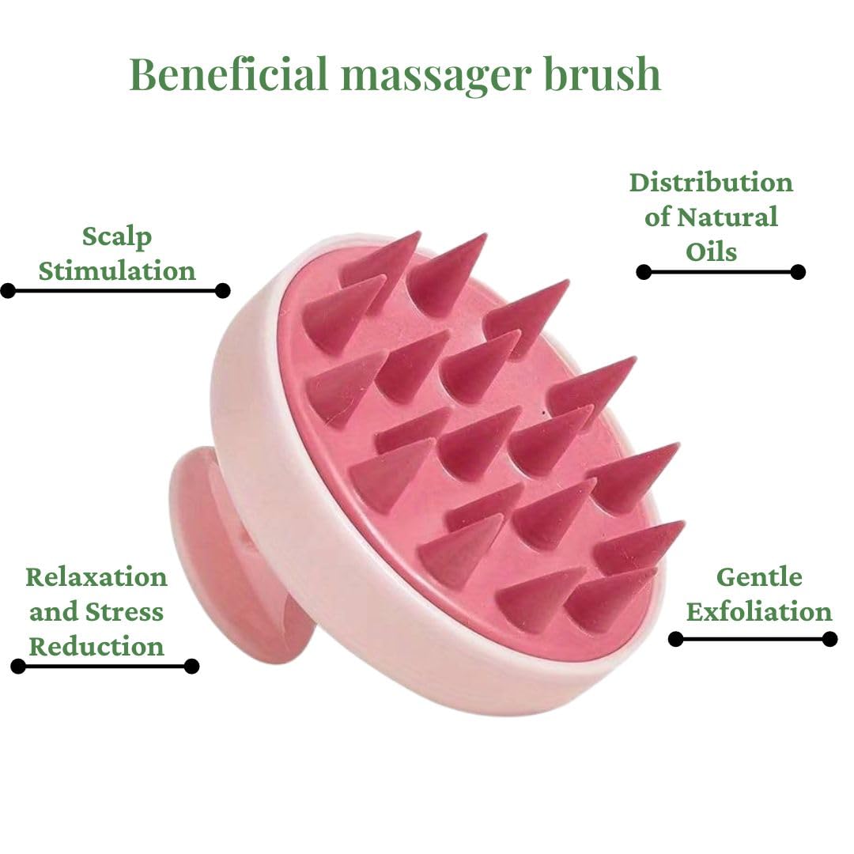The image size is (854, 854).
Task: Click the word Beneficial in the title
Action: pos(228,75)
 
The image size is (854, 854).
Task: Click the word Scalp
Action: pos(117,236)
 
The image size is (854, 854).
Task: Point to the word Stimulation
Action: pos(117,270)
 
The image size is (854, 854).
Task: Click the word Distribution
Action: pos(711,183)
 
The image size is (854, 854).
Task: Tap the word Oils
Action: pos(711,251)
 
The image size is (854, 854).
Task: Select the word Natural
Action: pos(727,217)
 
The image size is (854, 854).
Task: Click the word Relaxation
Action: pos(96,576)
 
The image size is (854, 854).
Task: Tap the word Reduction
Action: pos(96,646)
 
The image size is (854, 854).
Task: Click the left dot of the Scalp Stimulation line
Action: pos(8,291)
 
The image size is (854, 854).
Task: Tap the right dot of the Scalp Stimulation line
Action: pos(223,291)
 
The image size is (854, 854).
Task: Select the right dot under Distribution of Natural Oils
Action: pos(798,272)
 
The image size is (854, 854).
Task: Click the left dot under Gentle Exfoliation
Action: pos(675,639)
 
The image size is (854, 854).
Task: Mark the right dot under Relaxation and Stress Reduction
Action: pos(191,666)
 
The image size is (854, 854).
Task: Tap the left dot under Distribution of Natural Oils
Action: pos(644,272)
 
